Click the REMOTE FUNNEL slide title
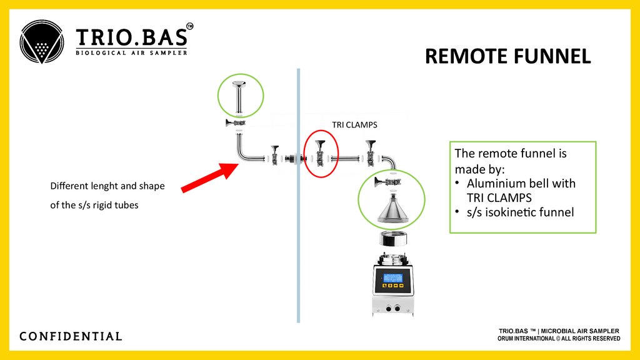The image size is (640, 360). pos(507,56)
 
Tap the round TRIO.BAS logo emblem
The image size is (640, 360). pos(42,42)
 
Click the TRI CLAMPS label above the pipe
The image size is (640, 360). pos(354,124)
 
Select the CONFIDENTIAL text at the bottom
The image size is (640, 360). pos(71,336)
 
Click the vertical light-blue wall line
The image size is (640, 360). pos(298,250)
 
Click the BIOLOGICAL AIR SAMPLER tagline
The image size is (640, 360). pos(131,52)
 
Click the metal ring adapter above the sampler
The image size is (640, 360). pos(392,239)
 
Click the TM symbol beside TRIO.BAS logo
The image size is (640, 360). pos(190,26)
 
